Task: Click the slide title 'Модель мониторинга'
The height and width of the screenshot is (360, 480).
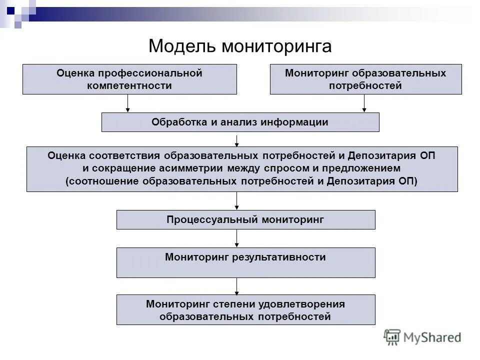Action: [240, 46]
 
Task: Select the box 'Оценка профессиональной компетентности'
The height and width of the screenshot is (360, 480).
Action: [129, 79]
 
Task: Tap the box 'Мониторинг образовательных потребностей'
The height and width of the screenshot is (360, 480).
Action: [365, 79]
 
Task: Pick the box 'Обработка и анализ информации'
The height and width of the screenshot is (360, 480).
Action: [240, 122]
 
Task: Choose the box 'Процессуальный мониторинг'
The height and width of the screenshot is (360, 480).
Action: [245, 219]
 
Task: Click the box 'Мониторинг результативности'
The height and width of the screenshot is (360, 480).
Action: [245, 262]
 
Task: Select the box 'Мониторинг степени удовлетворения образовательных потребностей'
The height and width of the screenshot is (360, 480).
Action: [245, 309]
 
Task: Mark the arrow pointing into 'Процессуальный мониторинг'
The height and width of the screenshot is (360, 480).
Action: [237, 200]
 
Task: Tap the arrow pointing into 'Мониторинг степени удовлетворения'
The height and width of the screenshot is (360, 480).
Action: [237, 286]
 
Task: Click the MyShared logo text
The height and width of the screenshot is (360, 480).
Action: [433, 337]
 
